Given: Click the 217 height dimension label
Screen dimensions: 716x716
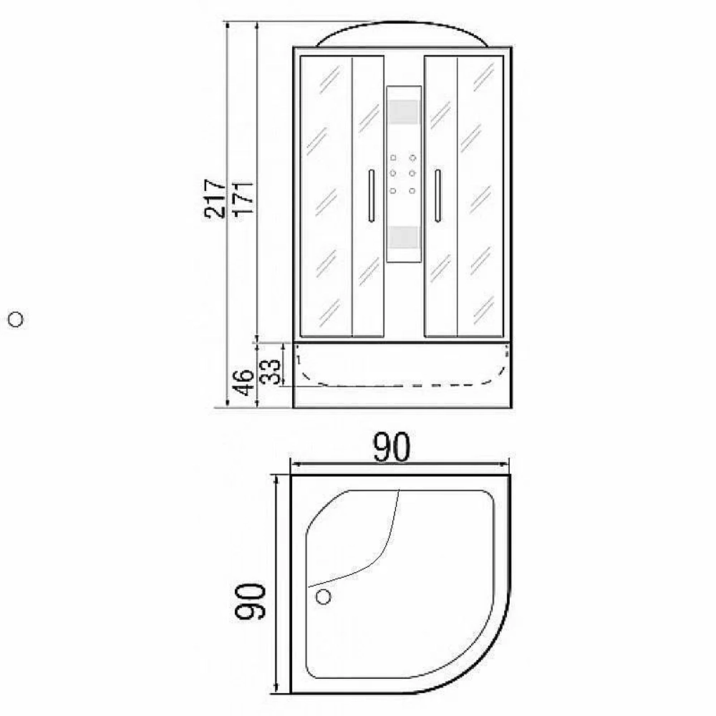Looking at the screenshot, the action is (x=215, y=198).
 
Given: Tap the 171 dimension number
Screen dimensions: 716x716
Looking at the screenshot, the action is (x=243, y=198).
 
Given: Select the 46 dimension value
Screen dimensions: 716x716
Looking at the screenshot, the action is (x=243, y=382).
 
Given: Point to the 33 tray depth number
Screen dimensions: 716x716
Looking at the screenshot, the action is (x=270, y=372).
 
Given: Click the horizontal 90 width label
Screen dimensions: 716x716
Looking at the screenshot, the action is (x=392, y=447).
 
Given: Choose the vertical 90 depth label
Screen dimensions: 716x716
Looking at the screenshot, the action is (x=250, y=601).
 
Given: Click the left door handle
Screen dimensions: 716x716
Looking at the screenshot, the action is (x=371, y=196).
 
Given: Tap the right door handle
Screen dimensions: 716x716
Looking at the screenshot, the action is (x=438, y=196).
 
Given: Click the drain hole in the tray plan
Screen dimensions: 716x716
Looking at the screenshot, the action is (x=324, y=596).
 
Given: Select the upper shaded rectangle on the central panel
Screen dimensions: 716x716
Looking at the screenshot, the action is (x=404, y=112).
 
